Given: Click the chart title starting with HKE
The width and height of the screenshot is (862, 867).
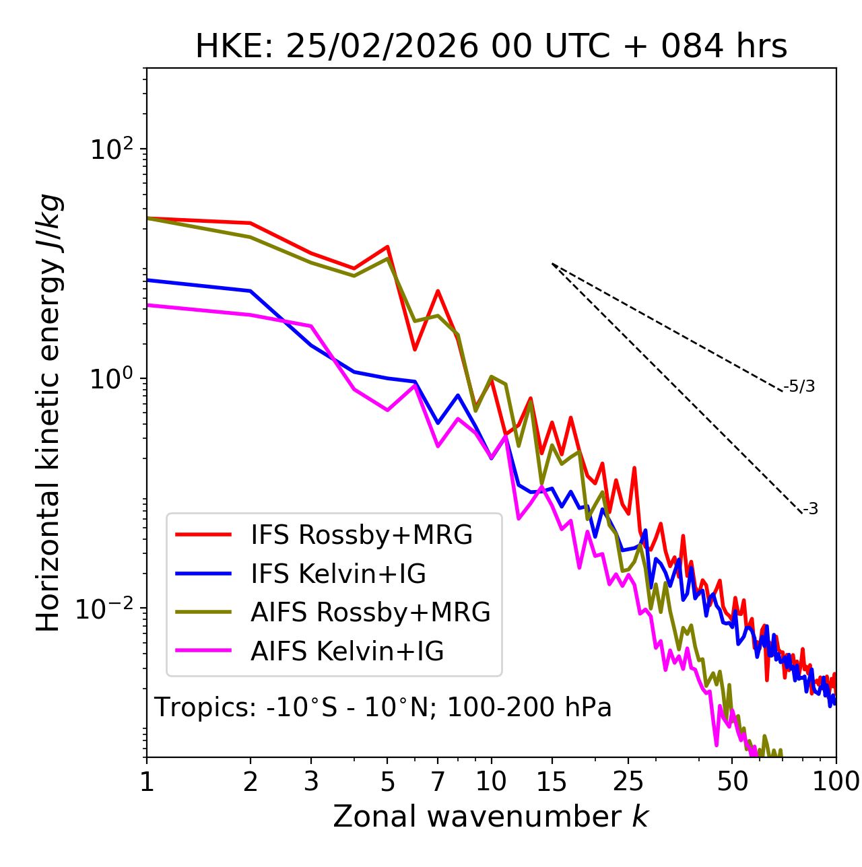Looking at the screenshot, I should pos(491,47).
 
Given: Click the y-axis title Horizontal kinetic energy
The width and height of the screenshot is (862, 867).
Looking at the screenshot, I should pos(48,413).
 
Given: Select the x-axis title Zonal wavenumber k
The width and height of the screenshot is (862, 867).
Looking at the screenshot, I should pos(491,817).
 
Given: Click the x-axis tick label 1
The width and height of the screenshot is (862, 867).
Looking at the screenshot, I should pos(147,782).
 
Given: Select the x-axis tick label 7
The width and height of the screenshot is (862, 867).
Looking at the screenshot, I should pos(438,782).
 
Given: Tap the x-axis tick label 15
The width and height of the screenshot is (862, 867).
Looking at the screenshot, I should pos(552,782).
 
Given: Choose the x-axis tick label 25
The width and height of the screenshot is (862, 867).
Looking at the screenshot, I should pos(628,782).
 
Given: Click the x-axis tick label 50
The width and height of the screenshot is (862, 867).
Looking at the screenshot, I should pos(732,782).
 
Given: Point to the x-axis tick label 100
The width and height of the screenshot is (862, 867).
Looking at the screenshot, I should pos(836,782).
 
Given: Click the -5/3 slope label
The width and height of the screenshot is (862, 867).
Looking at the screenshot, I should pos(799,386).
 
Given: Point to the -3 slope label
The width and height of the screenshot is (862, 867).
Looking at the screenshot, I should pos(810,510).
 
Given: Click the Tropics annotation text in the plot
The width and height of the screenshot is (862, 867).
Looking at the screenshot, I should pos(383,707).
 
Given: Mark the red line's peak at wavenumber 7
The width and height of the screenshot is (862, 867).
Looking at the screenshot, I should pos(438,291).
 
